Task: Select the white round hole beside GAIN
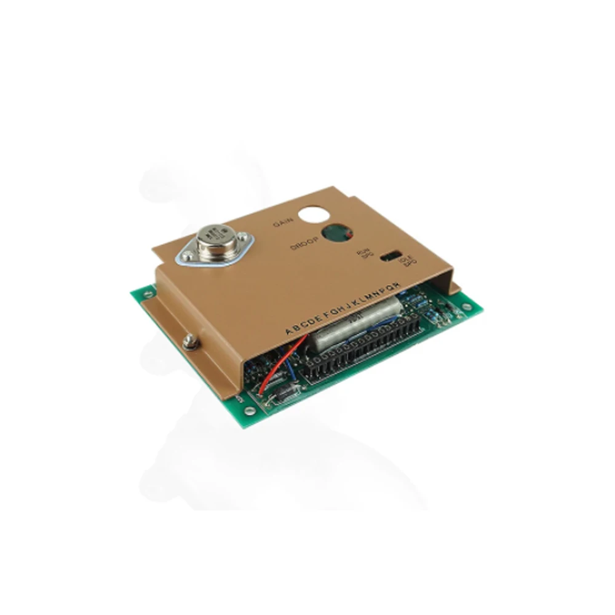314,215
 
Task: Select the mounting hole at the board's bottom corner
248,411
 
